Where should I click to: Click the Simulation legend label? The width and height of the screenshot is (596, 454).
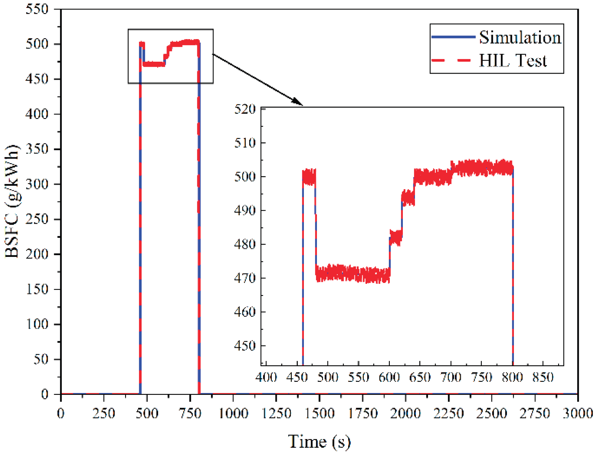(520, 38)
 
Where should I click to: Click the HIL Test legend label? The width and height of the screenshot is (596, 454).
(513, 60)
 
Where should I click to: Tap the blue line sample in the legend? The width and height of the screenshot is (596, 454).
(453, 37)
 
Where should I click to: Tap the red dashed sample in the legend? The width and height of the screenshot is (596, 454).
(451, 60)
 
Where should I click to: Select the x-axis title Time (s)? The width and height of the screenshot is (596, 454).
(319, 442)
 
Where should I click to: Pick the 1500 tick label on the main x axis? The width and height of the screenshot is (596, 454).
(319, 413)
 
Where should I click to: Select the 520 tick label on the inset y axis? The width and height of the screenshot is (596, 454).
(245, 109)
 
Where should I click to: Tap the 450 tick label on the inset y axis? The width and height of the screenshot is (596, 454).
(245, 346)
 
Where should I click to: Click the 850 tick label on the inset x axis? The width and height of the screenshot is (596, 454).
(543, 377)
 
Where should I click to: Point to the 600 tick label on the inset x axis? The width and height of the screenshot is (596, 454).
(389, 377)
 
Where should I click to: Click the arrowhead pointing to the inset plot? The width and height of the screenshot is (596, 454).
(298, 101)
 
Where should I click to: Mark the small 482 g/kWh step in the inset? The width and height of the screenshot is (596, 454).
(396, 237)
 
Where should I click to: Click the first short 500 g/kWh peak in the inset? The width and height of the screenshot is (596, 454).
(309, 177)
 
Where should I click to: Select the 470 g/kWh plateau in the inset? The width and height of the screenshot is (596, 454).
(353, 274)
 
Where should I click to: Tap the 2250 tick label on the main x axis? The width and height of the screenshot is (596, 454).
(448, 413)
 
